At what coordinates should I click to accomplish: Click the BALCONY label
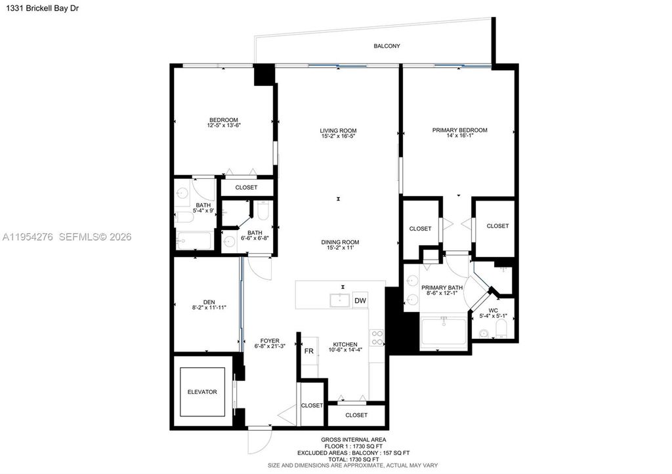pyautogui.click(x=387, y=46)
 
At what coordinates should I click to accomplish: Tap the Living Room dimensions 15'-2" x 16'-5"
pyautogui.click(x=339, y=136)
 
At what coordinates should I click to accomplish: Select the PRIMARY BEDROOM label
pyautogui.click(x=459, y=130)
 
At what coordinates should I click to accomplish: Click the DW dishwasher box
pyautogui.click(x=360, y=300)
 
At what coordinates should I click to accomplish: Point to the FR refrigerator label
pyautogui.click(x=308, y=351)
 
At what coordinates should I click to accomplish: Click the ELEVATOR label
pyautogui.click(x=202, y=392)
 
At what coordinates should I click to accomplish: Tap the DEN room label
pyautogui.click(x=209, y=302)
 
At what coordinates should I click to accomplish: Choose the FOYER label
pyautogui.click(x=270, y=341)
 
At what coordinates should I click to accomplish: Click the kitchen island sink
pyautogui.click(x=340, y=300)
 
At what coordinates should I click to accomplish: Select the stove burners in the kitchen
pyautogui.click(x=377, y=338)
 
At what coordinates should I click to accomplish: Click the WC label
pyautogui.click(x=493, y=311)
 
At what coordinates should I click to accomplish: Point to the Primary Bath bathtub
pyautogui.click(x=444, y=332)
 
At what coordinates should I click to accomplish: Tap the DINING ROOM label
pyautogui.click(x=341, y=243)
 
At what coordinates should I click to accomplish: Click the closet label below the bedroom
pyautogui.click(x=246, y=188)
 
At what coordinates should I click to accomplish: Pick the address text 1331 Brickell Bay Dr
pyautogui.click(x=40, y=8)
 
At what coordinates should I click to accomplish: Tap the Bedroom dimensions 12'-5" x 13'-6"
pyautogui.click(x=224, y=125)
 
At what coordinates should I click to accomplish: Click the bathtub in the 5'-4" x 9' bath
pyautogui.click(x=194, y=241)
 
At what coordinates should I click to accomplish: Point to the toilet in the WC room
pyautogui.click(x=501, y=330)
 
